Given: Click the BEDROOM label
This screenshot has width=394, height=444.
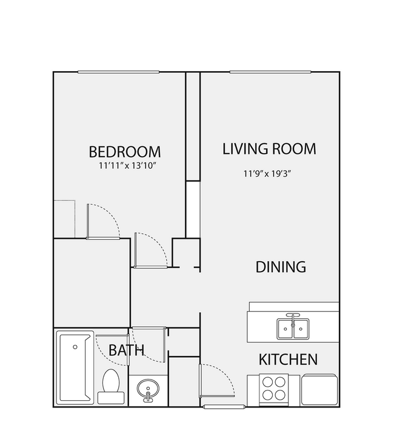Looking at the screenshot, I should pyautogui.click(x=125, y=151).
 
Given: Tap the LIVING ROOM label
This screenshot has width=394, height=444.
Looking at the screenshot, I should pyautogui.click(x=270, y=149).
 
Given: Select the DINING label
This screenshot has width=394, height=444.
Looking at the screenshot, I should pyautogui.click(x=280, y=267).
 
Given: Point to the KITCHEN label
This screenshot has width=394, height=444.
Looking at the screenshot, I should pyautogui.click(x=288, y=359).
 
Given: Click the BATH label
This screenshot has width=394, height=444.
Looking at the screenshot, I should pyautogui.click(x=127, y=350).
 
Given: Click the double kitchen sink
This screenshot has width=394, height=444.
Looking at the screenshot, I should pyautogui.click(x=293, y=329).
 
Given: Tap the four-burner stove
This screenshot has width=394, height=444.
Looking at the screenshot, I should pyautogui.click(x=274, y=389).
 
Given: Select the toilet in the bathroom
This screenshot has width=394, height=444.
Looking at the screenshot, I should pyautogui.click(x=111, y=386).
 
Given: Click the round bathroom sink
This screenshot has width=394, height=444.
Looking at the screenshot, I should pyautogui.click(x=147, y=389).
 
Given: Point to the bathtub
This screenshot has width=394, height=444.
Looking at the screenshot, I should pyautogui.click(x=75, y=368).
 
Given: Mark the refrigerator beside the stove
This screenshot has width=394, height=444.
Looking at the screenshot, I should pyautogui.click(x=319, y=389).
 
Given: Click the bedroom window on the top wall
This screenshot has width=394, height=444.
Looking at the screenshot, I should pyautogui.click(x=118, y=72).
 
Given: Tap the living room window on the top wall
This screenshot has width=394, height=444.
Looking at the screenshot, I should pyautogui.click(x=270, y=72).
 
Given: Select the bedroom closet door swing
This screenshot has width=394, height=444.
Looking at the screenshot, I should pyautogui.click(x=102, y=221).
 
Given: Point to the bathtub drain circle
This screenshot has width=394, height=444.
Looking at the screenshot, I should pyautogui.click(x=75, y=347).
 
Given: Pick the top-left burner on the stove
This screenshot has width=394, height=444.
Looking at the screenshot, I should pyautogui.click(x=268, y=383).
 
